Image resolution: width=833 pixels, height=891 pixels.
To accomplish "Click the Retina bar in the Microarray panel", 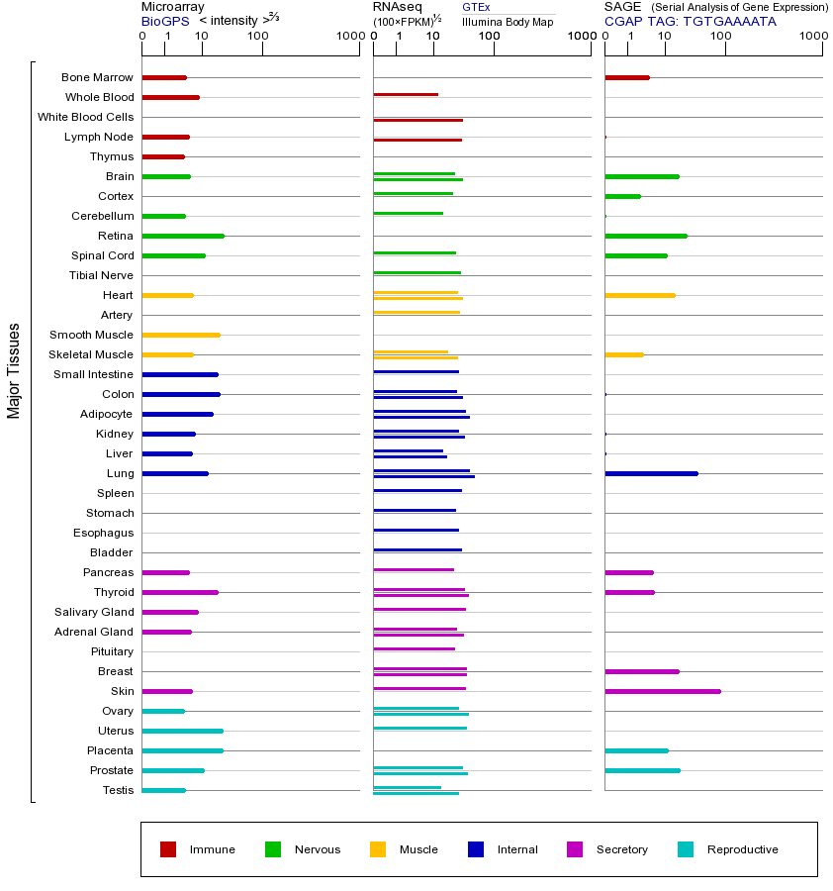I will point(183,236).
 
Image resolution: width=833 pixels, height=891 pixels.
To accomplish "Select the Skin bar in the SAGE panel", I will point(662,691).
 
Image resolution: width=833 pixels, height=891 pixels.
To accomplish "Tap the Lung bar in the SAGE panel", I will point(651,473).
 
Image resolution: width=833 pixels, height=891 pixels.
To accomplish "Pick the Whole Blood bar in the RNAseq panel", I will point(406,95).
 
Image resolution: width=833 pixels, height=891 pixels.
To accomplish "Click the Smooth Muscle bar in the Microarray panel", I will point(181,335).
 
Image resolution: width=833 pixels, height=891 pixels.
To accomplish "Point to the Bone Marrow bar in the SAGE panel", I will point(626,77).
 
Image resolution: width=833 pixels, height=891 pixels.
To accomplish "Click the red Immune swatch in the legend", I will point(168,849).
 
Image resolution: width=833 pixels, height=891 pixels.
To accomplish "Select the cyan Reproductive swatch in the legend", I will point(686,849).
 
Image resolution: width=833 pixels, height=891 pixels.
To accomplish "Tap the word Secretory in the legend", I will point(621,849).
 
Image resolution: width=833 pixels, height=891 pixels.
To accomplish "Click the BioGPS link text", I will point(163,21).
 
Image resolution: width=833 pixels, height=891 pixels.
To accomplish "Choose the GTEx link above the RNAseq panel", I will point(476,7).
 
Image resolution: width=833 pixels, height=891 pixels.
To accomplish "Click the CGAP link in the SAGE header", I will point(623,21).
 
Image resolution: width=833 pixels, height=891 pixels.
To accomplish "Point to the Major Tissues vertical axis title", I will point(14,370).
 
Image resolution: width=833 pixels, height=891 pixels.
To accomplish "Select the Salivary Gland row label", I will point(94,612).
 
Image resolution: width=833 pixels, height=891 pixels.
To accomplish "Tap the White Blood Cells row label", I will point(85,117).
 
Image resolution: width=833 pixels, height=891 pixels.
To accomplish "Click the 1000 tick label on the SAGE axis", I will point(812,37).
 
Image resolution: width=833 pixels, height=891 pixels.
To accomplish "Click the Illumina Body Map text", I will point(508,22).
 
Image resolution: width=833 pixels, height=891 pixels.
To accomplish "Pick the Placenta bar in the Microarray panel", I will point(182,750).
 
